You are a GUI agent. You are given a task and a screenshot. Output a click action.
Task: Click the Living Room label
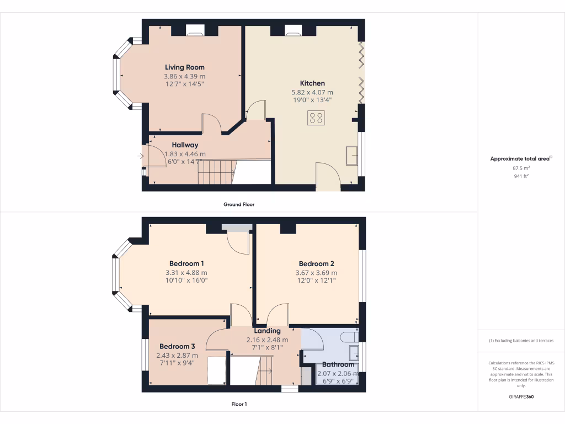pyautogui.click(x=184, y=67)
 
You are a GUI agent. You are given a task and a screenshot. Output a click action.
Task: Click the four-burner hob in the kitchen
pyautogui.click(x=317, y=117)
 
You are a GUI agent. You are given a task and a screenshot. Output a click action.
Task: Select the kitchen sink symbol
pyautogui.click(x=351, y=155)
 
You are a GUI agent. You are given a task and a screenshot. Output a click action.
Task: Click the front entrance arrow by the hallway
pyautogui.click(x=141, y=156)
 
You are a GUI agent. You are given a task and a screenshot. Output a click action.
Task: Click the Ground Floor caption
pyautogui.click(x=238, y=204)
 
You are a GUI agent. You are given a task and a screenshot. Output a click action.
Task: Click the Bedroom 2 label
pyautogui.click(x=316, y=263)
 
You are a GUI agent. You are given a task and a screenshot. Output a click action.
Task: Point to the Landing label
pyautogui.click(x=267, y=331)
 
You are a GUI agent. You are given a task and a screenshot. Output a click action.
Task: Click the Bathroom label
pyautogui.click(x=338, y=364)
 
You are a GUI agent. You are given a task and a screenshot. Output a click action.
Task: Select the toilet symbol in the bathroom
pyautogui.click(x=349, y=336)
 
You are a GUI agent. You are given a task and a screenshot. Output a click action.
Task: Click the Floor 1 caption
pyautogui.click(x=238, y=404)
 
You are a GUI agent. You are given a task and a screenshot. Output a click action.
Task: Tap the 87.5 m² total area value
pyautogui.click(x=521, y=167)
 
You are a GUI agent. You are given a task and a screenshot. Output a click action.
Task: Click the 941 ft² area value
pyautogui.click(x=521, y=177)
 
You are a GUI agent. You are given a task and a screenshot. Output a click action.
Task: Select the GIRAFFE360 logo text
pyautogui.click(x=521, y=396)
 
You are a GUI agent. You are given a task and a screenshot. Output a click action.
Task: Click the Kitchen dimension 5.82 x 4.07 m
pyautogui.click(x=312, y=92)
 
